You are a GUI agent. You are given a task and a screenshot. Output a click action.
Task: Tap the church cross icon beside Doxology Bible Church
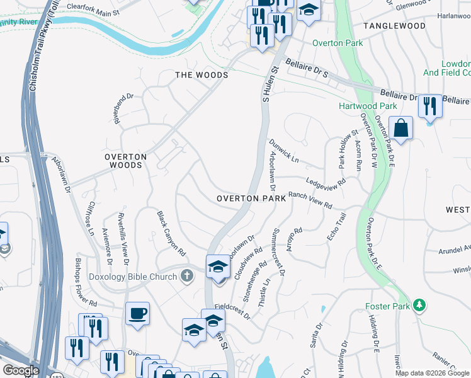click(x=186, y=276)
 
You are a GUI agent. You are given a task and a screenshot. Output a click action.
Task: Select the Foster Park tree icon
click(x=417, y=306)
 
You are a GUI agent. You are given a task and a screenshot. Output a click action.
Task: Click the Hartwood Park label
click(x=368, y=106)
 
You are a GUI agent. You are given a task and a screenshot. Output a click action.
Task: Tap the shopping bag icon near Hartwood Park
click(x=400, y=129)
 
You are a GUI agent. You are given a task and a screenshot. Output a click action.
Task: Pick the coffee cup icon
click(x=137, y=313)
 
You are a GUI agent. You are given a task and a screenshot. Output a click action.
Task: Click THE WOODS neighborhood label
click(x=201, y=75)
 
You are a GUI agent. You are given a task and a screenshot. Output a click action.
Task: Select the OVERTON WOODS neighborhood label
click(x=125, y=161)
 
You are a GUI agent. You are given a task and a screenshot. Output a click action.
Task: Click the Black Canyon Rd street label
click(x=171, y=233)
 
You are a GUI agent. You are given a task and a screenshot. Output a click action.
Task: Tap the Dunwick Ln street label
click(x=284, y=151)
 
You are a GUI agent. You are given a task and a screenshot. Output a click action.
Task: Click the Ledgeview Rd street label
click(x=326, y=182)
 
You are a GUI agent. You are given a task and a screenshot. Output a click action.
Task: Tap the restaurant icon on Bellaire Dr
click(x=430, y=105)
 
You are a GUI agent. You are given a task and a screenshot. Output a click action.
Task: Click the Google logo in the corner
click(x=21, y=370)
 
